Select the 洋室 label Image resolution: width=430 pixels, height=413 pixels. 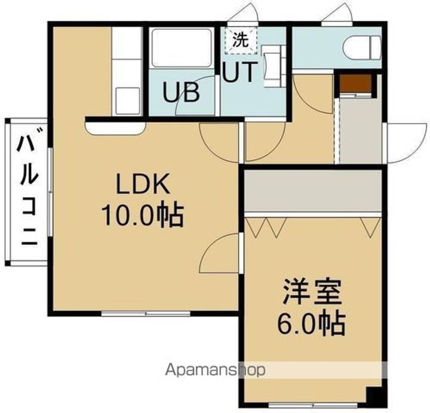[x=311, y=294]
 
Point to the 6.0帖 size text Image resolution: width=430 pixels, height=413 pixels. [x=311, y=323]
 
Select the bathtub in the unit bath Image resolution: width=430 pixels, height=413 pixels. [x=182, y=48]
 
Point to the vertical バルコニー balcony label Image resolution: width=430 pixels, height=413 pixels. [x=27, y=191]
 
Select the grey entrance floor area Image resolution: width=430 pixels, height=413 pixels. [x=358, y=128]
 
